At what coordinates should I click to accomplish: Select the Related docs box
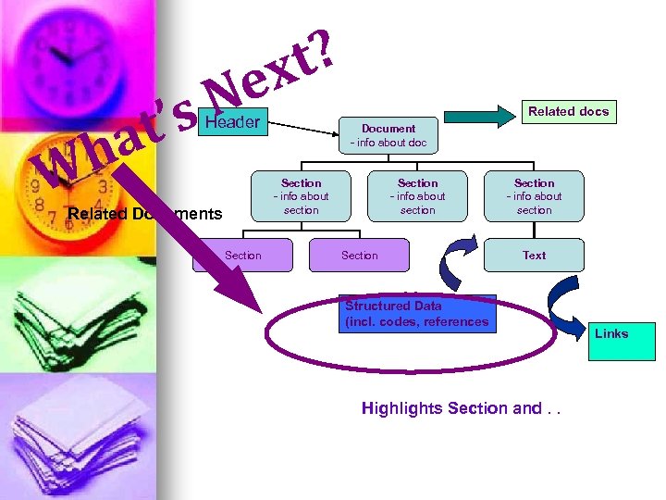(568, 112)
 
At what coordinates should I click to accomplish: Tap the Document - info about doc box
(388, 135)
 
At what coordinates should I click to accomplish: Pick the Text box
(534, 255)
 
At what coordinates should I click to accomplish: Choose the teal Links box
(622, 340)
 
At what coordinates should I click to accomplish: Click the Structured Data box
(417, 314)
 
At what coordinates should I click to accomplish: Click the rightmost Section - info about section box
(534, 196)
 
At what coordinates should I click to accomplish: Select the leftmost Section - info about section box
(301, 196)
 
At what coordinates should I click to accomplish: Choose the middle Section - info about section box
(417, 196)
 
